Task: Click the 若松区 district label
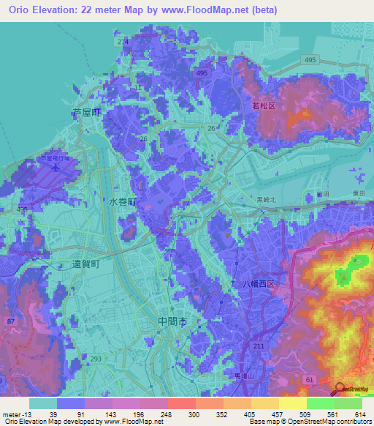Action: pos(263,106)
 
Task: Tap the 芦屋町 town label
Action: pos(85,113)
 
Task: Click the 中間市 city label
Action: pos(172,321)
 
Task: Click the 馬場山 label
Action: pos(243,376)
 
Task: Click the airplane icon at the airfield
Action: pos(56,166)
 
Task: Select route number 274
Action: pos(122,42)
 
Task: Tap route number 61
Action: pos(310,380)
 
